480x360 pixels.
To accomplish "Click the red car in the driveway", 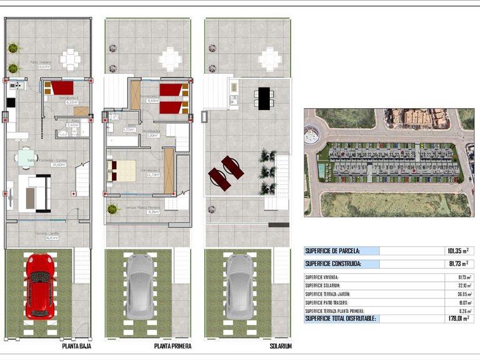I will tap(39, 285).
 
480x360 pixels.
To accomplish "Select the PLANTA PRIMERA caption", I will tap(172, 346).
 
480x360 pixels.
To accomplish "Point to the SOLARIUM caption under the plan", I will tap(280, 346).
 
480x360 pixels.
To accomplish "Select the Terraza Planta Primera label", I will tap(142, 208).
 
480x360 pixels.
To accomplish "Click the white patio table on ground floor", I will tap(71, 59).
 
